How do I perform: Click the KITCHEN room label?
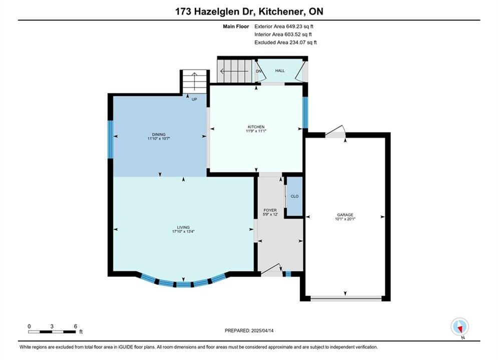coord(256,127)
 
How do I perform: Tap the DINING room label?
coord(159,134)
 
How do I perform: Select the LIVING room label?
coord(183,227)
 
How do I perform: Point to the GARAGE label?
coord(345,214)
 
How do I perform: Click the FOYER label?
coord(270,210)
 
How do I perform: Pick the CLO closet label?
coord(295,196)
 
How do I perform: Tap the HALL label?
coord(280,70)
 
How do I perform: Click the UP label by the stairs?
coord(194,99)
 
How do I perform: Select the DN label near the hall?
coord(259,71)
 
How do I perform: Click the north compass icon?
coord(459,326)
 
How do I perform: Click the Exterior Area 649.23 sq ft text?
coord(284,26)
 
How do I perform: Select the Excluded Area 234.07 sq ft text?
coord(285,42)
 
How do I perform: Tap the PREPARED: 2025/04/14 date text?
coord(249,330)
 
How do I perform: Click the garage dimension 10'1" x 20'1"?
coord(345,219)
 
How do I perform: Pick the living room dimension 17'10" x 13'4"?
coord(183,231)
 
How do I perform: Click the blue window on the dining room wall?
coord(111,139)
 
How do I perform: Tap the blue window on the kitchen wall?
coord(305,112)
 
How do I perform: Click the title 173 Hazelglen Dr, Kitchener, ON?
coord(249,11)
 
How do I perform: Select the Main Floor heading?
coord(236,26)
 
